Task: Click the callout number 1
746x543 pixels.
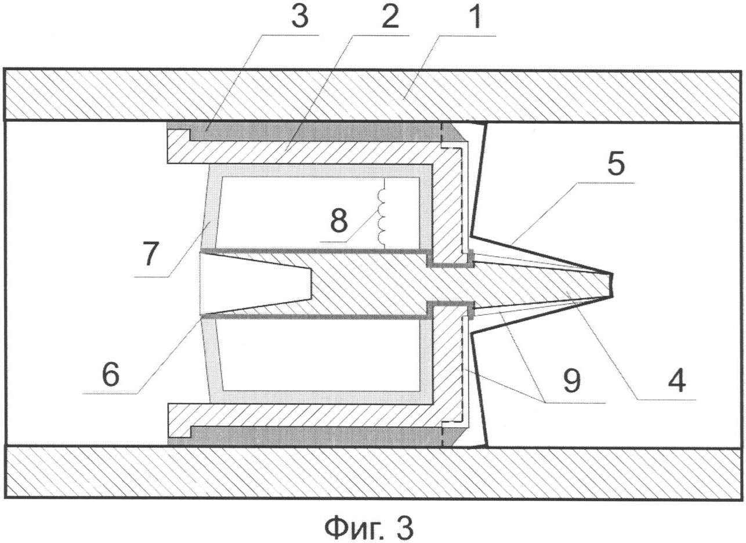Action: (x=477, y=17)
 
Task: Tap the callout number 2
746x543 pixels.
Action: (x=390, y=17)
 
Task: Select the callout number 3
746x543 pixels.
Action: (x=300, y=17)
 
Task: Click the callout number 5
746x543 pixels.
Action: (x=615, y=164)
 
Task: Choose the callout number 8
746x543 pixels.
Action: (x=339, y=220)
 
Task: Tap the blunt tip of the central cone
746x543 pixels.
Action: (x=612, y=285)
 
